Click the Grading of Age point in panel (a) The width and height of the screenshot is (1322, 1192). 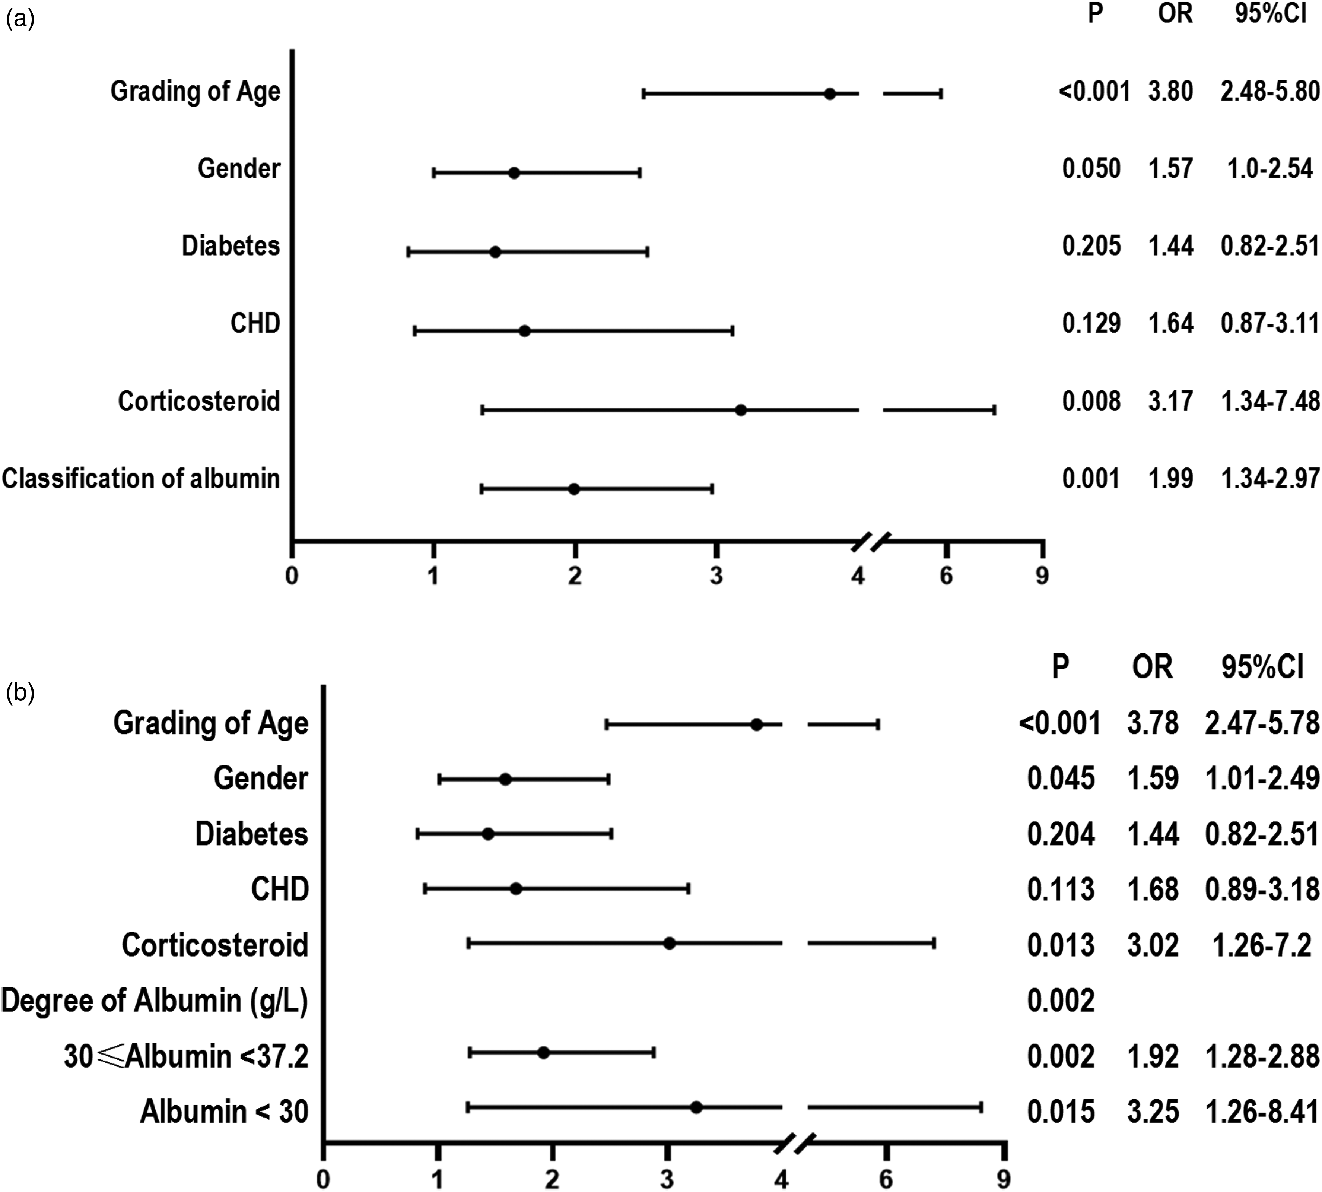coord(830,93)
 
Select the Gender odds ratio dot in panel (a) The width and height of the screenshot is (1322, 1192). coord(514,173)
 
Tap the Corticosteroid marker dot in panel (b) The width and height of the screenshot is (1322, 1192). coord(669,943)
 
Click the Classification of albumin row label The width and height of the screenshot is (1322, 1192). coord(141,479)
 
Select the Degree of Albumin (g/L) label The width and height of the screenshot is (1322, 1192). coord(155,1000)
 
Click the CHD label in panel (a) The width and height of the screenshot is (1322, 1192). coord(255,323)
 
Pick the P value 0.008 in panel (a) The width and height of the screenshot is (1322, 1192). coord(1091,401)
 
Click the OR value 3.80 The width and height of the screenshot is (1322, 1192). coord(1171,91)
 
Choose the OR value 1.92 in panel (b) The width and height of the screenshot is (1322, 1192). coord(1153,1056)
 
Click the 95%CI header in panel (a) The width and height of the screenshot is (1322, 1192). coord(1270,13)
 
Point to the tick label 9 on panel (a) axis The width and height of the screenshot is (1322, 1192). coord(1042,576)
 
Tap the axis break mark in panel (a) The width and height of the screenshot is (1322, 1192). coord(871,541)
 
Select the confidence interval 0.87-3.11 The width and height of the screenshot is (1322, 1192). coord(1269,323)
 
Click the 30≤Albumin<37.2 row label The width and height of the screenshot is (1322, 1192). coord(186,1056)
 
